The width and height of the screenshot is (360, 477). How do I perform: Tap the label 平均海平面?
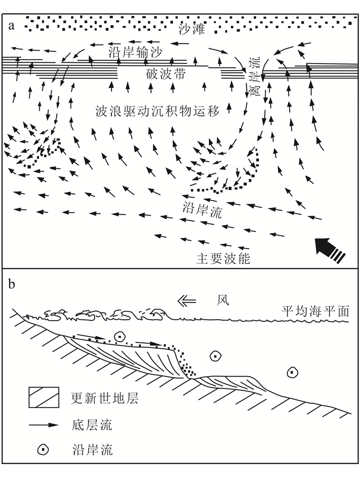coord(315,311)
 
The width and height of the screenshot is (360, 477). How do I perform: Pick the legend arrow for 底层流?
coord(44,425)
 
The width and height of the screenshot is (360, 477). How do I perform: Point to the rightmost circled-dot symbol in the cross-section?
coord(293,372)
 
